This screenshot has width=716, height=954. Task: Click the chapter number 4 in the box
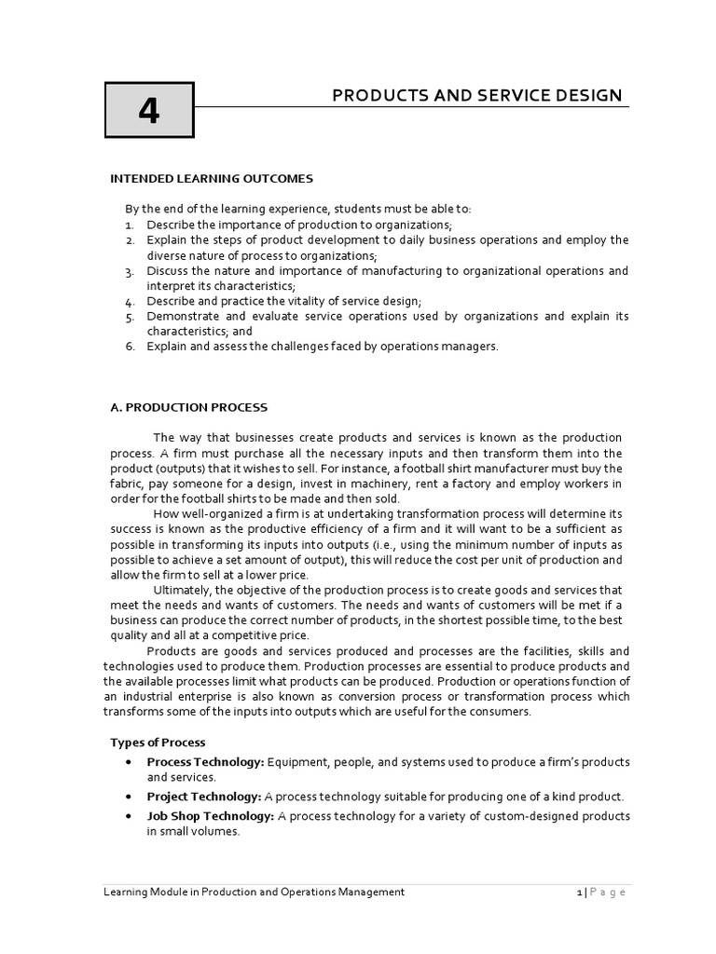click(x=148, y=111)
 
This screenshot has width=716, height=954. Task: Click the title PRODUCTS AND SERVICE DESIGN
click(x=477, y=96)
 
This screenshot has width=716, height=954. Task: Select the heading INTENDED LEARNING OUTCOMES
click(x=212, y=178)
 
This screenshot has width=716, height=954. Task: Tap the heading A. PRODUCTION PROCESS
click(x=188, y=407)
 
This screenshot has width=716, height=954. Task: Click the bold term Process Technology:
click(x=205, y=762)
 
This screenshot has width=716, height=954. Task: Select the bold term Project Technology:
click(x=204, y=797)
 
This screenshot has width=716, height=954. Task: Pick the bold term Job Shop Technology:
click(x=210, y=816)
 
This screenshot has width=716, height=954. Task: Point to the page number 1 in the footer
click(x=579, y=893)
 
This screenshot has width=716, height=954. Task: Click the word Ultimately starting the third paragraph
click(x=183, y=590)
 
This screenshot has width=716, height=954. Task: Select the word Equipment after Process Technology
click(x=298, y=762)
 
